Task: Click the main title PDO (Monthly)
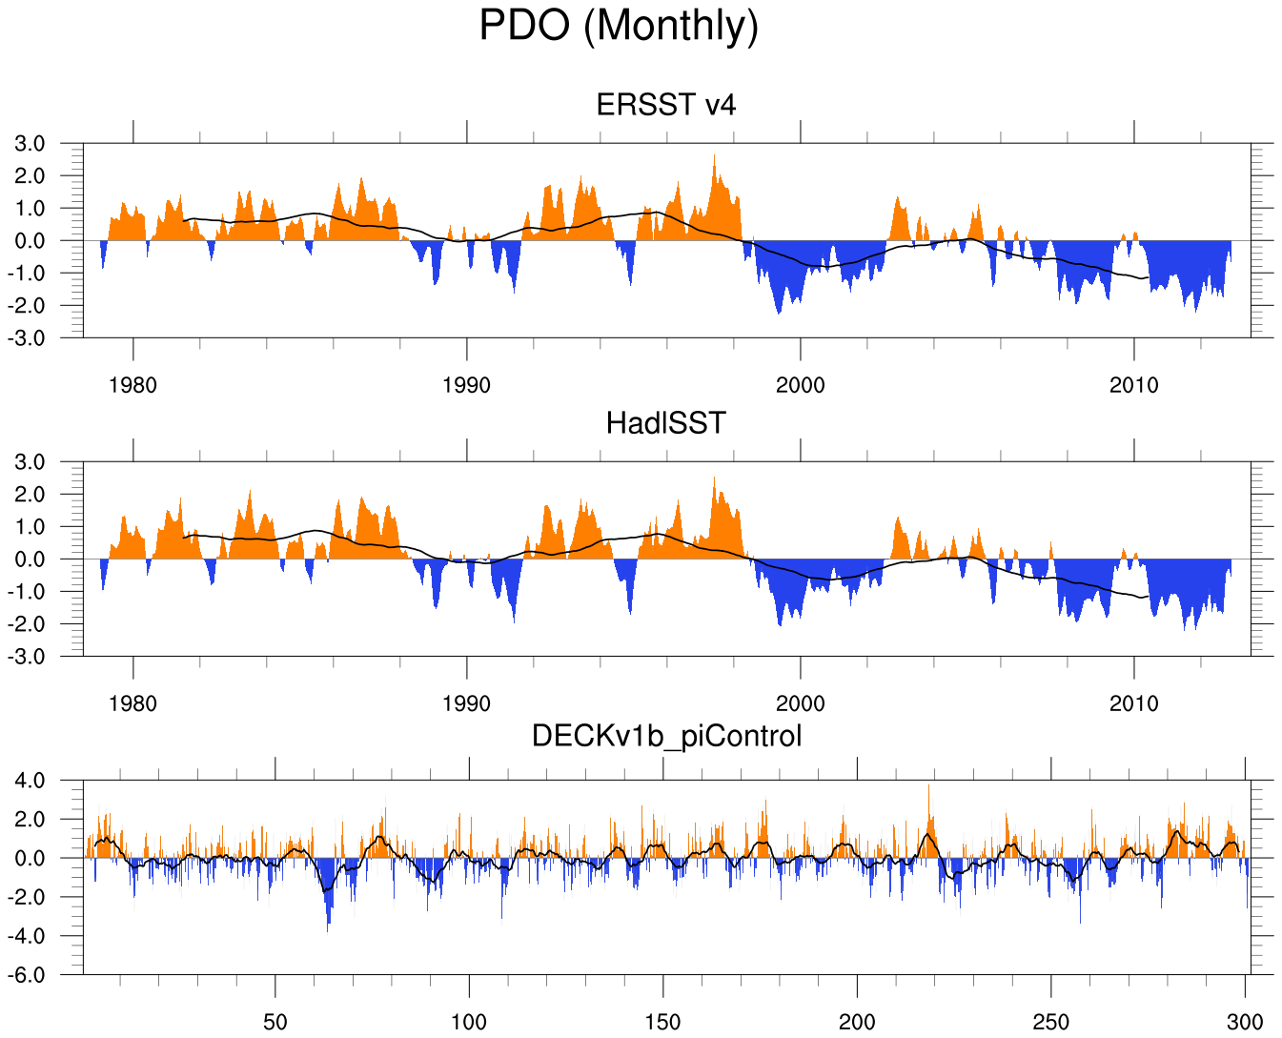[619, 26]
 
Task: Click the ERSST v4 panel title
[666, 105]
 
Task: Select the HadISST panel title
[666, 423]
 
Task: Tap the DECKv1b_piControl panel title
[666, 736]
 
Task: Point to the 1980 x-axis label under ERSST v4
[133, 386]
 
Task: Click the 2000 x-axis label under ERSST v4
[801, 386]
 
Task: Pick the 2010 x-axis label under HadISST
[1134, 704]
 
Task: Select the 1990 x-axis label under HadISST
[467, 704]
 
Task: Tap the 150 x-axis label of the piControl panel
[662, 1023]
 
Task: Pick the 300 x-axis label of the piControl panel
[1245, 1023]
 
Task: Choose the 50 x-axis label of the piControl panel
[275, 1023]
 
